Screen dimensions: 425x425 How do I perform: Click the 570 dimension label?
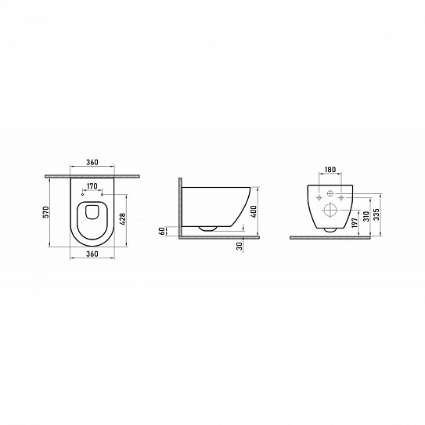pyautogui.click(x=46, y=211)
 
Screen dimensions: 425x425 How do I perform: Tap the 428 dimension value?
pyautogui.click(x=123, y=219)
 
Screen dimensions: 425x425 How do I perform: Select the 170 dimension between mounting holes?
pyautogui.click(x=92, y=186)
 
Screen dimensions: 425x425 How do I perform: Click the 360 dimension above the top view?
pyautogui.click(x=92, y=162)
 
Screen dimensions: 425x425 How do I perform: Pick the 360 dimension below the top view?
pyautogui.click(x=92, y=254)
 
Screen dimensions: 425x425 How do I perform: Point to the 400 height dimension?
pyautogui.click(x=254, y=211)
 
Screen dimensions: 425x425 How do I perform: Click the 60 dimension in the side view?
pyautogui.click(x=162, y=231)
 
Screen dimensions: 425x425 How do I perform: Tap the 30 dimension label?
pyautogui.click(x=240, y=246)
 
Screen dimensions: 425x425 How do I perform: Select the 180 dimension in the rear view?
pyautogui.click(x=330, y=169)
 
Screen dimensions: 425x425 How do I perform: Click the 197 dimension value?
pyautogui.click(x=355, y=222)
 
